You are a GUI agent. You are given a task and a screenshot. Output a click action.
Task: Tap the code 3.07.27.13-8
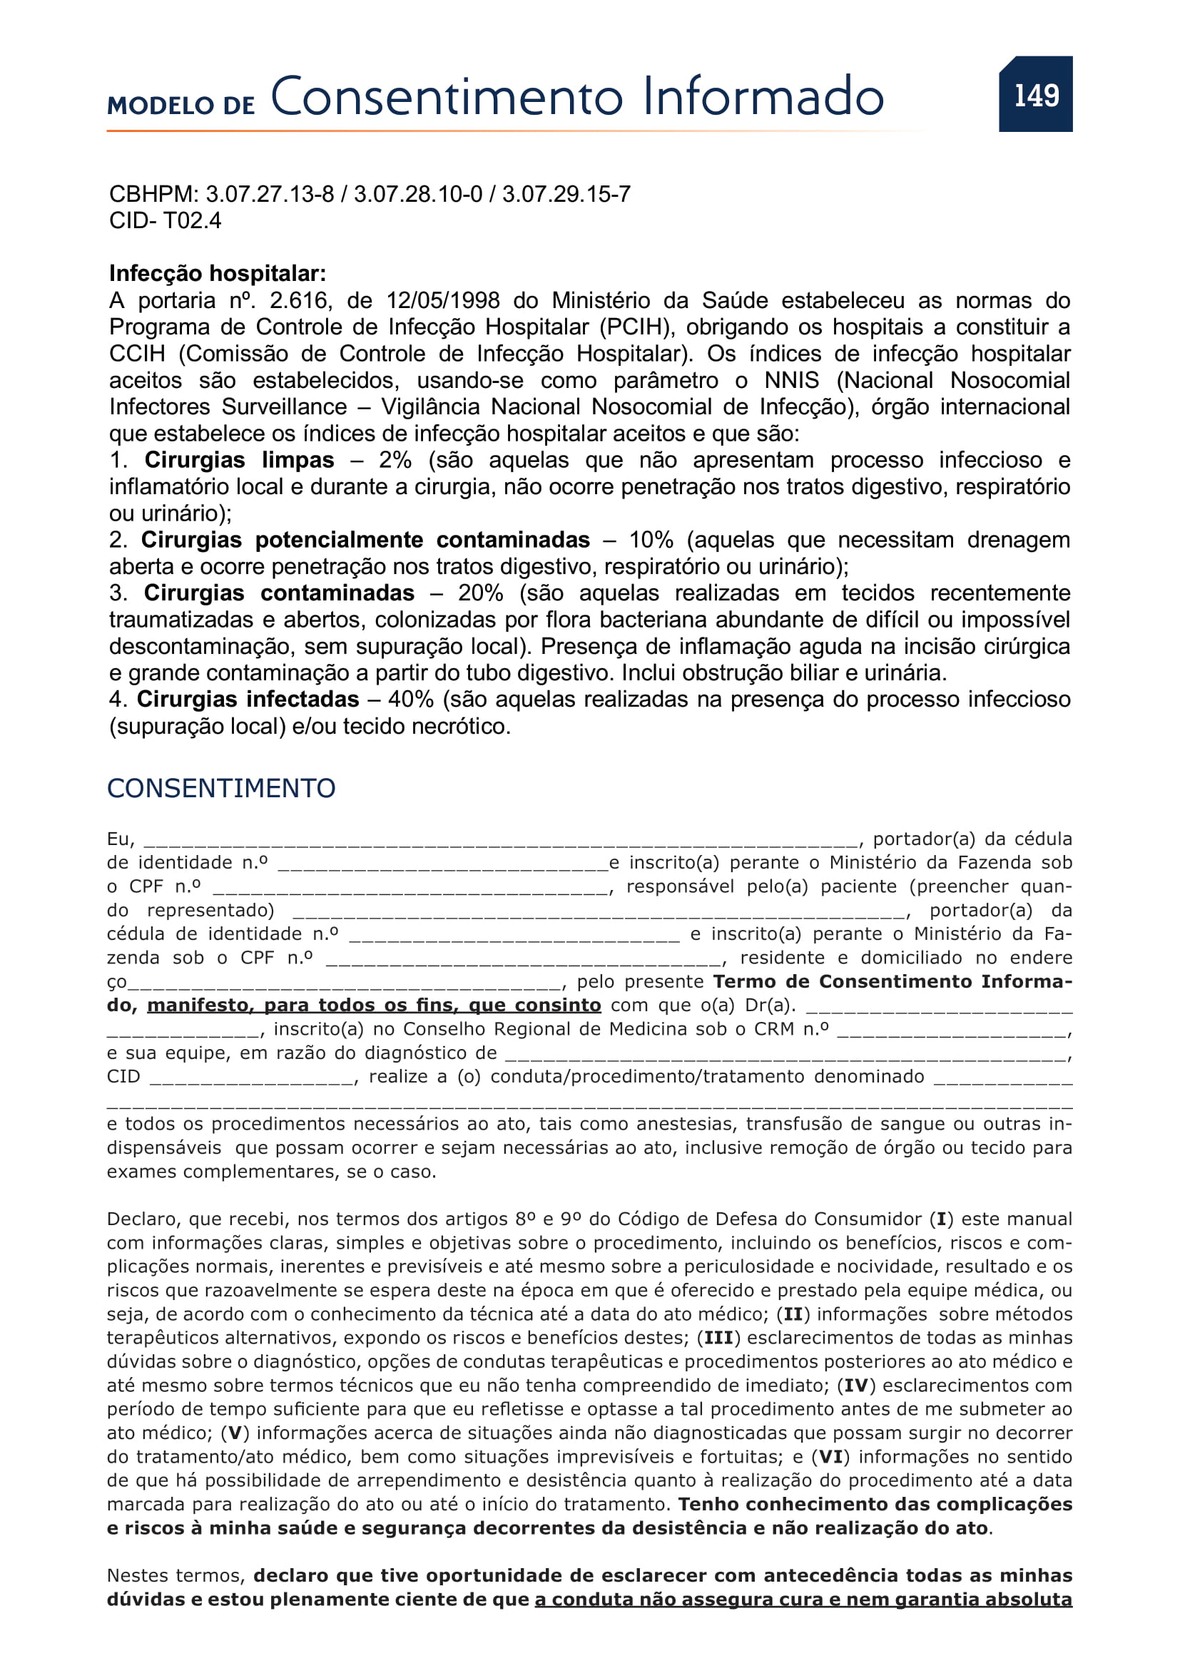(270, 194)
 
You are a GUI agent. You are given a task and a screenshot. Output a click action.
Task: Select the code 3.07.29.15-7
(566, 194)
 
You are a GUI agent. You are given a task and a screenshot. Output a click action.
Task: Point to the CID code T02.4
(193, 220)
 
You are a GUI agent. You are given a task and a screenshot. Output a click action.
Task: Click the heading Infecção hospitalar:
(218, 273)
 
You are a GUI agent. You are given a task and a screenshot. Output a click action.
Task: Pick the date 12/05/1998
(442, 300)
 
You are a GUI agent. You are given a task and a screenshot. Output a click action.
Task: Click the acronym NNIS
(791, 380)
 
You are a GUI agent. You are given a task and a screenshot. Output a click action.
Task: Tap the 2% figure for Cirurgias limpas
(395, 460)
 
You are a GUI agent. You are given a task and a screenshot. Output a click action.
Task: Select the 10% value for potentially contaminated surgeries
(651, 540)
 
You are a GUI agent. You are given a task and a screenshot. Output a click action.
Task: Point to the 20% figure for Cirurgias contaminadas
(480, 593)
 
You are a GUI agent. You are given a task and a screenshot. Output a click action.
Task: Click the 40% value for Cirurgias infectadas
(410, 699)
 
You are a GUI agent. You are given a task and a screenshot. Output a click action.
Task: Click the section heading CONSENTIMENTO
(221, 788)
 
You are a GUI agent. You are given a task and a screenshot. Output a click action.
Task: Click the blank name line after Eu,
(502, 841)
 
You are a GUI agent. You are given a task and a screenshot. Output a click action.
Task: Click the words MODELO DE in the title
(181, 106)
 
